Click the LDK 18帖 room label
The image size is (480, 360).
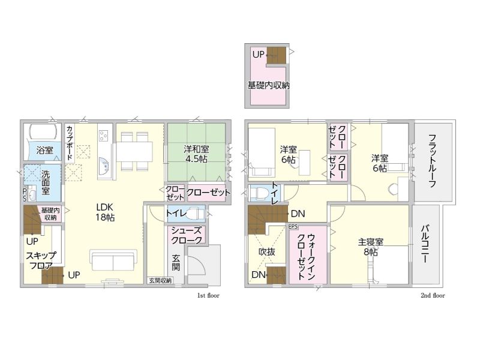(105, 212)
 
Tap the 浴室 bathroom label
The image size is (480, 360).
(44, 150)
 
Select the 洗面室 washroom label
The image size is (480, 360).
(46, 182)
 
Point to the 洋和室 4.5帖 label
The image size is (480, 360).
(196, 154)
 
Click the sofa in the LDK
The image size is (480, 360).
(113, 260)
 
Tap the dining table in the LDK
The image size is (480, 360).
(134, 151)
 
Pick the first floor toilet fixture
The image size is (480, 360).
(194, 214)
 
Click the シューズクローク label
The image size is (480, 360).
(186, 235)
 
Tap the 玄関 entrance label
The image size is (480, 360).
(176, 263)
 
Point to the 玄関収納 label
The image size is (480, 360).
(160, 280)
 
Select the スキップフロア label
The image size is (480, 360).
(41, 260)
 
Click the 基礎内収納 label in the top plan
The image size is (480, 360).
(268, 85)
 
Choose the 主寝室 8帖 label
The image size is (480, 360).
(370, 247)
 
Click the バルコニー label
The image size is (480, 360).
(425, 244)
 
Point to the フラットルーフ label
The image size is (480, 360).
(432, 161)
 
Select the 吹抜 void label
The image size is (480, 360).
(267, 251)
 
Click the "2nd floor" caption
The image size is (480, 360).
(433, 295)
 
